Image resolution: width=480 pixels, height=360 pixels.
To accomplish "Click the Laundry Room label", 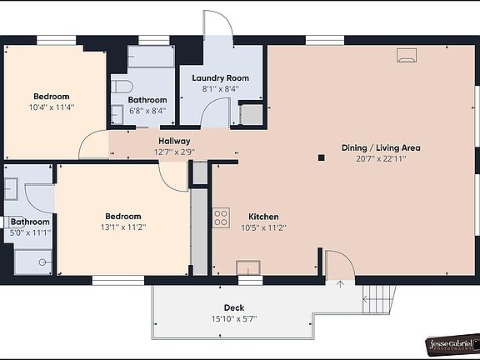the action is click(220, 78).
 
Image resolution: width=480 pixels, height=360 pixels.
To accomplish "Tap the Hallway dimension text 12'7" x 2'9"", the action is click(174, 152).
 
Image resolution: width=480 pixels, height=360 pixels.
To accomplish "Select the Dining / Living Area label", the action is click(381, 147).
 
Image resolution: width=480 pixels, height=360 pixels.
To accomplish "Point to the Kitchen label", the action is click(263, 217).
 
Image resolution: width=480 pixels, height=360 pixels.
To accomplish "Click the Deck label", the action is click(234, 307).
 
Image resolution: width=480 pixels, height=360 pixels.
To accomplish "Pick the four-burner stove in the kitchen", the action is click(221, 217).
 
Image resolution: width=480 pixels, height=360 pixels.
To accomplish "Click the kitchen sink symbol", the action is click(248, 267).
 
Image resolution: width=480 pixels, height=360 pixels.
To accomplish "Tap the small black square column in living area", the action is click(321, 157).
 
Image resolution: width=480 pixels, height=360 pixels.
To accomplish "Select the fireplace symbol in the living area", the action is click(407, 55).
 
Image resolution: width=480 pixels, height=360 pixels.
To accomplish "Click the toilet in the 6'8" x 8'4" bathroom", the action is click(122, 87).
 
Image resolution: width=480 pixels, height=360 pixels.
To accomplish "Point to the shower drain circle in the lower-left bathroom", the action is click(42, 262).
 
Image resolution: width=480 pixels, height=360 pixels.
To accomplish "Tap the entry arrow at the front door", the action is click(340, 284).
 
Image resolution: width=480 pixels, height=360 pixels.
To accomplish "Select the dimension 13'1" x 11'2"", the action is click(123, 227).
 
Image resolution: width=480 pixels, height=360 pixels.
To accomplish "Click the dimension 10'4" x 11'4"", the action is click(52, 107).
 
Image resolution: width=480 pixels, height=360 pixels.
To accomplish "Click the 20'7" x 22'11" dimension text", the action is click(381, 159).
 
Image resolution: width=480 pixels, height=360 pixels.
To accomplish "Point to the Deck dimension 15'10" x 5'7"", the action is click(234, 319).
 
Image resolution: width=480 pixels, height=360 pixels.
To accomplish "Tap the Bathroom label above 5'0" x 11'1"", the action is click(30, 222).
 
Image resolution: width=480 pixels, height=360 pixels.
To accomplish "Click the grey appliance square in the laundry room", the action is click(252, 114).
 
